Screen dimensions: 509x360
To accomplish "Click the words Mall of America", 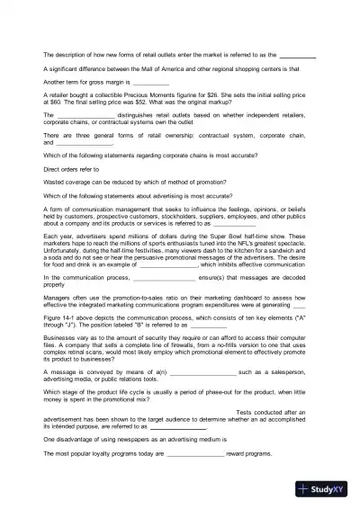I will (x=158, y=68).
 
